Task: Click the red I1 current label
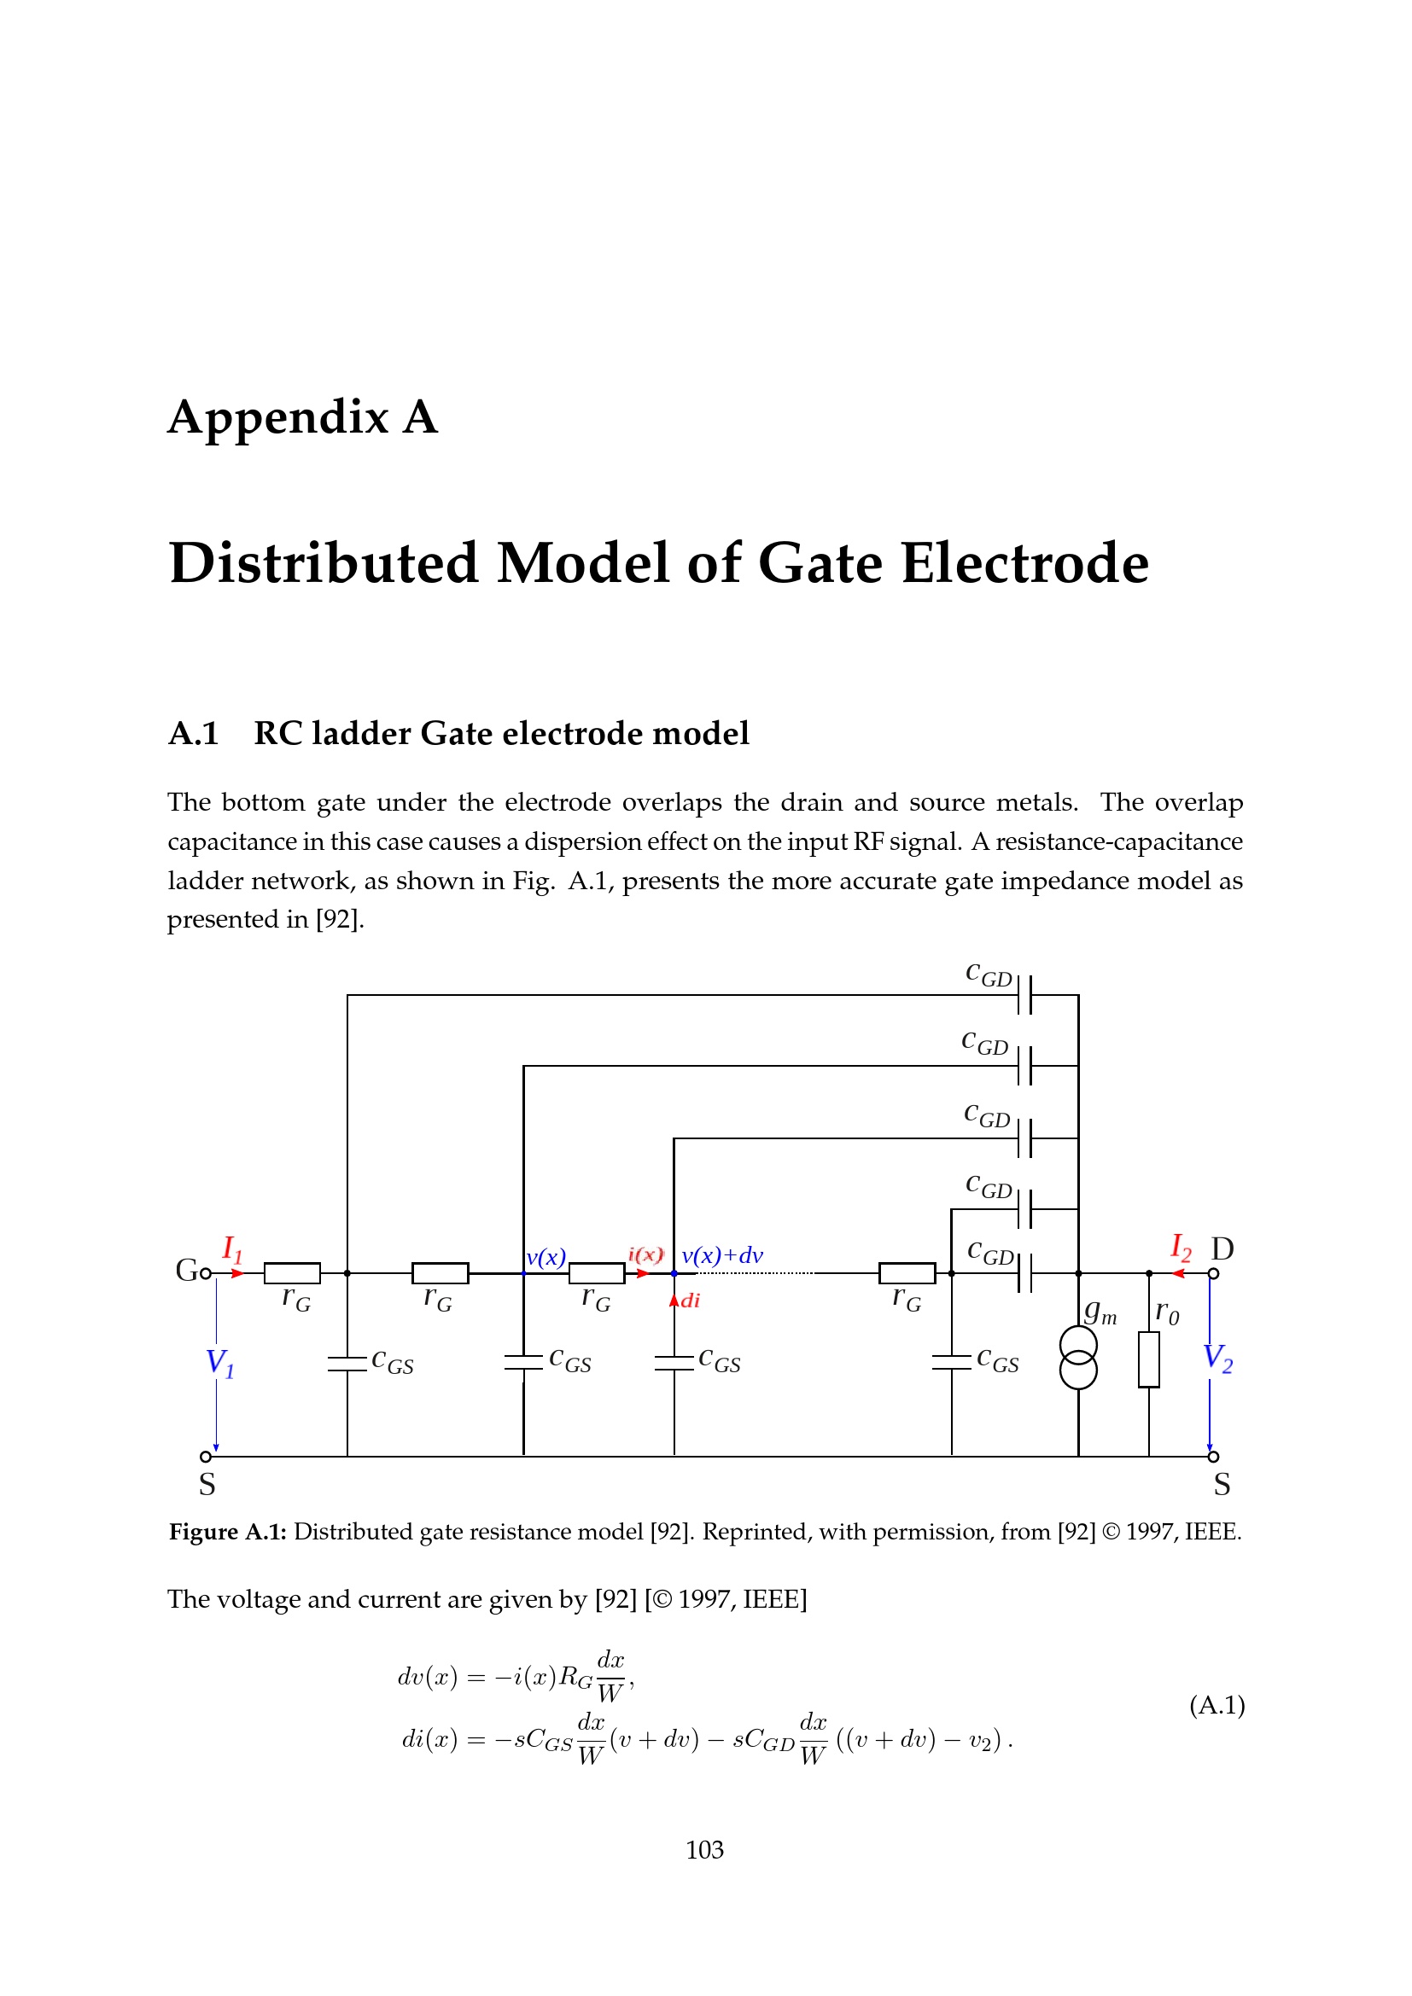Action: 232,1249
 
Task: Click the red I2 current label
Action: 1180,1248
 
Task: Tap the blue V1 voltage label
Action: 219,1362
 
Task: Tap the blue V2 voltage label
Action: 1217,1358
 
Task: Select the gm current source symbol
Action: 1078,1358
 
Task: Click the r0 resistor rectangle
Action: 1148,1359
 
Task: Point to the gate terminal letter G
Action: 186,1270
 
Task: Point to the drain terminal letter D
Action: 1222,1249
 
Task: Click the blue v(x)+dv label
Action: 721,1255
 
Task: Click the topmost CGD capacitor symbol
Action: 1024,994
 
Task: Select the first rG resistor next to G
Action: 292,1272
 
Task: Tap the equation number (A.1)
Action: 1217,1705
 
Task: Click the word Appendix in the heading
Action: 278,418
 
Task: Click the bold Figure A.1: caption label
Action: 228,1531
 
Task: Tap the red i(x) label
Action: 645,1254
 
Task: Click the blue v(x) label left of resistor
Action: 546,1257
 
